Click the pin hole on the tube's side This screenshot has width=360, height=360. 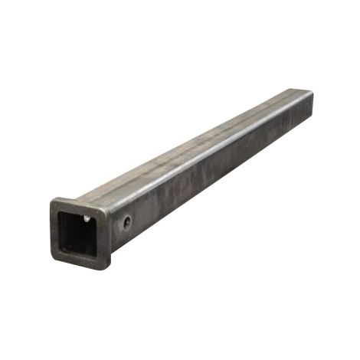pos(126,223)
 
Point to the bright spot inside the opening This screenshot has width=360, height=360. pos(87,218)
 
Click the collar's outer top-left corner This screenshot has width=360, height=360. pos(53,199)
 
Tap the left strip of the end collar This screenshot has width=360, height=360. pos(56,228)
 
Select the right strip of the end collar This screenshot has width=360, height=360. pos(106,237)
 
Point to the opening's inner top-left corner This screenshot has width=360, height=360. pos(63,210)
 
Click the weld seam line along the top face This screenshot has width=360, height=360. pos(191,146)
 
